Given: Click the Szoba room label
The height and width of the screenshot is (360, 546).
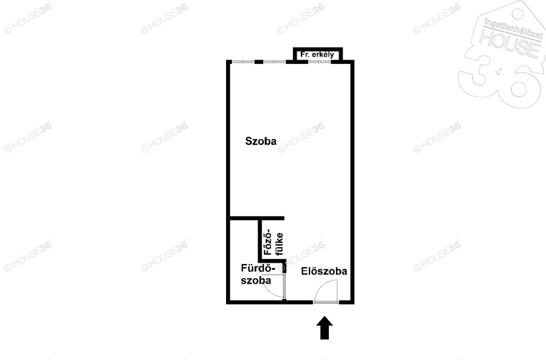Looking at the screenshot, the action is pos(261,141).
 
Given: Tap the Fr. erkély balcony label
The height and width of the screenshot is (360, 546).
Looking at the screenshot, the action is pos(317,54).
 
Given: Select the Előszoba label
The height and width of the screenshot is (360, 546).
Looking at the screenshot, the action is pos(324,271).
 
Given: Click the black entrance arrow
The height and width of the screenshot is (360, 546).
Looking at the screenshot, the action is pos(325,327).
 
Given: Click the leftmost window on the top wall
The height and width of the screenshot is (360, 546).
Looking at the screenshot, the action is pos(243,62).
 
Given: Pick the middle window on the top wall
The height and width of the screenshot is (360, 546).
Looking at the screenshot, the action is pos(275,62).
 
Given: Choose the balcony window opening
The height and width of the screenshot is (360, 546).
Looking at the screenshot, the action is pos(319,62).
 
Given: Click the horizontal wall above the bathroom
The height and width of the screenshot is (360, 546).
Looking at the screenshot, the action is pos(258,218).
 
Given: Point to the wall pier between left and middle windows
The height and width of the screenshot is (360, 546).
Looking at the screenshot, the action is pos(259,62).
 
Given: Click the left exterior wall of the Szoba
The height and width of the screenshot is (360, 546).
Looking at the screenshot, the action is pos(228,139).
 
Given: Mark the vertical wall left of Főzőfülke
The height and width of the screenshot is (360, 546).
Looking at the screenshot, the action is pos(260,240).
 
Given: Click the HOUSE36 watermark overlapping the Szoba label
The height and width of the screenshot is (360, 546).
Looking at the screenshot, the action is pos(301,137).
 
